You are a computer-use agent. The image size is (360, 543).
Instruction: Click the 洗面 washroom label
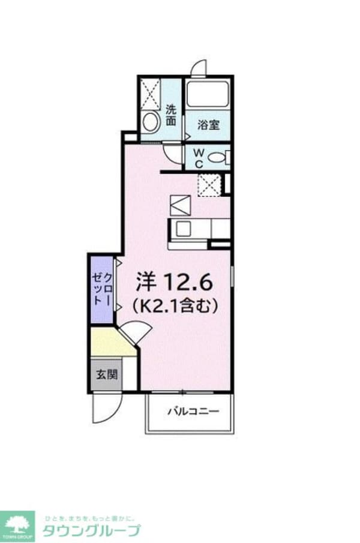tap(172, 115)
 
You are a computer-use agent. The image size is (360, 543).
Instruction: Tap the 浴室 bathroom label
tap(208, 125)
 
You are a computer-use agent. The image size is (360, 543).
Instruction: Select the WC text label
tap(198, 158)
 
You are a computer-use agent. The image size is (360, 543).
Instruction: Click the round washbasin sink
tap(150, 122)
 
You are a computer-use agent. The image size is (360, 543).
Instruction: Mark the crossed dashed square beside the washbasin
tap(150, 94)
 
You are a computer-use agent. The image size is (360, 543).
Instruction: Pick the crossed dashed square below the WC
tap(209, 184)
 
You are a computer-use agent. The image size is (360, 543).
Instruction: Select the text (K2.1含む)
tap(174, 307)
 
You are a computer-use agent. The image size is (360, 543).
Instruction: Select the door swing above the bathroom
tap(196, 67)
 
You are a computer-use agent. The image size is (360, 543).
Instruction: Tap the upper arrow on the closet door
tap(119, 262)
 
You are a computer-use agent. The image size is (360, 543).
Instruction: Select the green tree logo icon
tap(18, 524)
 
